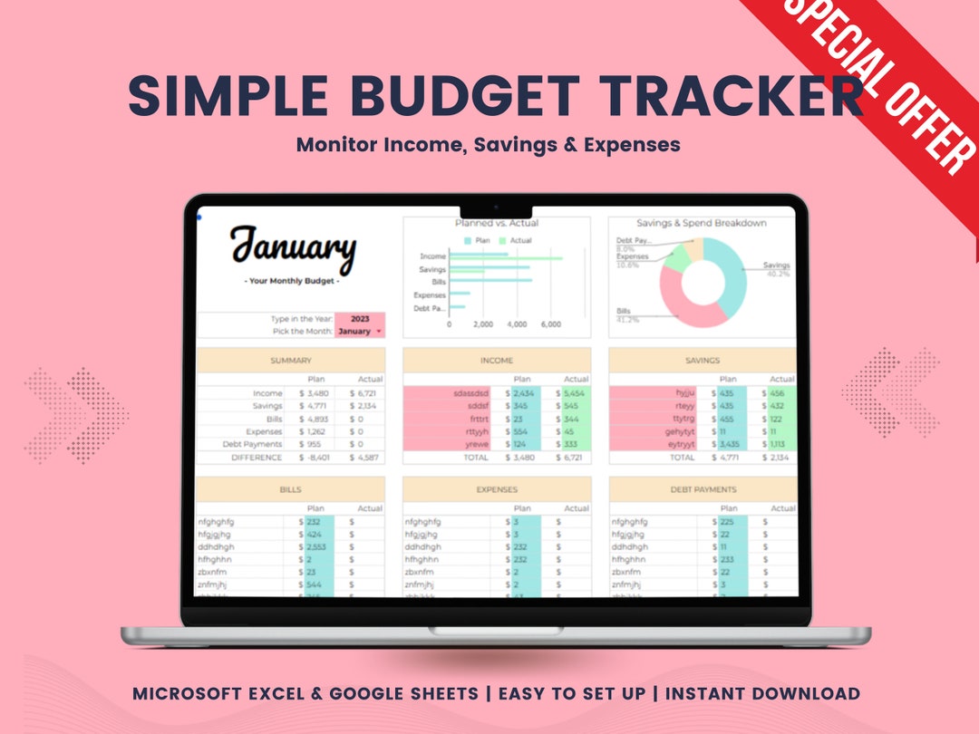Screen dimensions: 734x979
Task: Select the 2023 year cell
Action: [359, 319]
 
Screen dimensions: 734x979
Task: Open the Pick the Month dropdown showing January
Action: [360, 332]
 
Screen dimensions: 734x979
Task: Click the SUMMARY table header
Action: [290, 361]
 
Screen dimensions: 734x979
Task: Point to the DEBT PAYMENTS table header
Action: [703, 489]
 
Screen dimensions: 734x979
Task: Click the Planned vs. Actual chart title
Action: [497, 223]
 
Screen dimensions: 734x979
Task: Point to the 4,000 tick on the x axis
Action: [517, 324]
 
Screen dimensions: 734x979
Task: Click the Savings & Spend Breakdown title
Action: [701, 223]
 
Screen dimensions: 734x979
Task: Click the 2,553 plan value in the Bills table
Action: [317, 547]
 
